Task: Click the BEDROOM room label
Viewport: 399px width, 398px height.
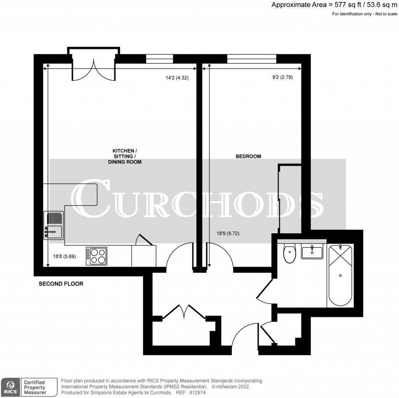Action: (248, 156)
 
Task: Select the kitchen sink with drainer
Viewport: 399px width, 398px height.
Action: (54, 225)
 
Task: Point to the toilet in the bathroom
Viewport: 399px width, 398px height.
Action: (290, 254)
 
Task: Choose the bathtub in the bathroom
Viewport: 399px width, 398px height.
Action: (341, 275)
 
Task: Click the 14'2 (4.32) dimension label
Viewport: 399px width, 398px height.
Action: (177, 78)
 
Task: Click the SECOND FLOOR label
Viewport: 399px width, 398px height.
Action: (61, 284)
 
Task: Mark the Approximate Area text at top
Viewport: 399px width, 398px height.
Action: (334, 5)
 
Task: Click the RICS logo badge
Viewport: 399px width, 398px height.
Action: (11, 387)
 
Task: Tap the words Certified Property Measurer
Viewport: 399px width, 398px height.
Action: (35, 387)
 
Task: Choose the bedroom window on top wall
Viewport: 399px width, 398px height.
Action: (252, 59)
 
